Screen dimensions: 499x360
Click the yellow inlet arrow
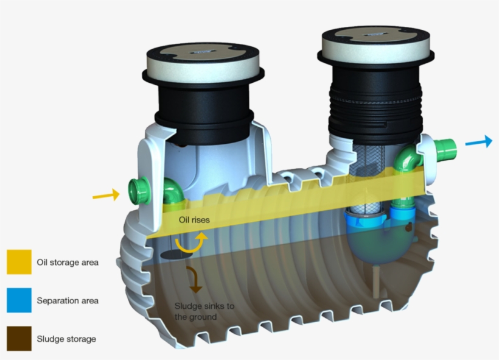106,195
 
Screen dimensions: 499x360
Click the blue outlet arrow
479,141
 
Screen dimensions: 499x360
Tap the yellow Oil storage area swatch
19,262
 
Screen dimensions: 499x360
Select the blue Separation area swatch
19,300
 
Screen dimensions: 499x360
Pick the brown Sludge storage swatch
19,338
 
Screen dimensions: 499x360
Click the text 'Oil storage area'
68,263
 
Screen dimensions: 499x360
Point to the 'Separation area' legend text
68,301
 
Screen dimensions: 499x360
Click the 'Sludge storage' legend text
66,339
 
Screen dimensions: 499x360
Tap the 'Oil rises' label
194,220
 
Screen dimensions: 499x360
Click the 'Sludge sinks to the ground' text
204,312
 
